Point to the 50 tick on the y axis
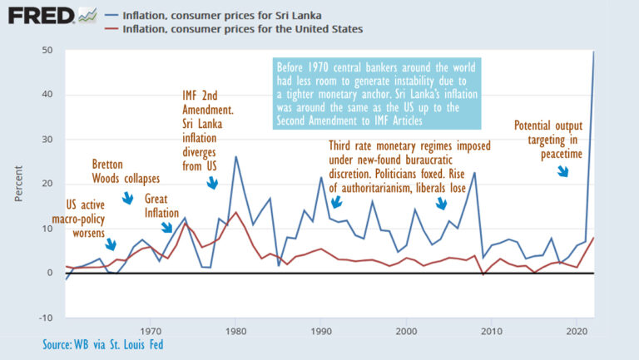(x=47, y=51)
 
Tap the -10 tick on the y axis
(x=46, y=318)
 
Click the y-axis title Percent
(x=18, y=185)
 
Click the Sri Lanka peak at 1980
(x=235, y=156)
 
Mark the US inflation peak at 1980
(x=235, y=213)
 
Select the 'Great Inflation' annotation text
(x=161, y=205)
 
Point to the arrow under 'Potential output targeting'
(x=562, y=170)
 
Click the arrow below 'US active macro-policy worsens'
(x=111, y=244)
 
